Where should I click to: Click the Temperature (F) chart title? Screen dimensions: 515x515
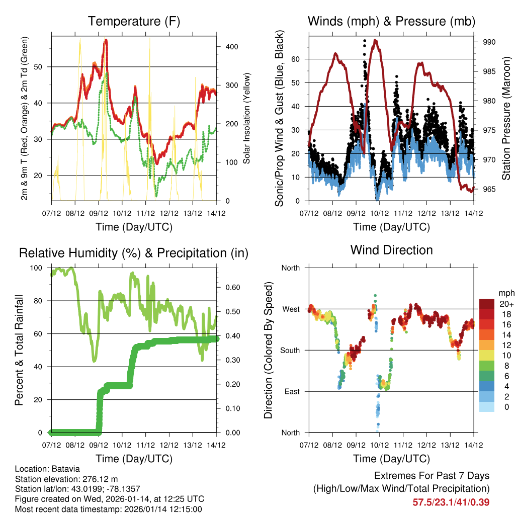tap(134, 21)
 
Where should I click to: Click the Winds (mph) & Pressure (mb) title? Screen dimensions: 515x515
tap(391, 21)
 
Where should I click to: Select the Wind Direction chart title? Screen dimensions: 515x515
tap(391, 249)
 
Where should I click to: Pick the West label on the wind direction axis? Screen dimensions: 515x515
tap(291, 309)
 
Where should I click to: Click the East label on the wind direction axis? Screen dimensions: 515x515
tap(292, 391)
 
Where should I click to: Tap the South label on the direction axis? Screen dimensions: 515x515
tap(290, 350)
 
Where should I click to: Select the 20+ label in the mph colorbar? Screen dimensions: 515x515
tap(506, 304)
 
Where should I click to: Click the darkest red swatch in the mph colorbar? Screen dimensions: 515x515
tap(487, 304)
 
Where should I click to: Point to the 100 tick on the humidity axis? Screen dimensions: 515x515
tap(40, 268)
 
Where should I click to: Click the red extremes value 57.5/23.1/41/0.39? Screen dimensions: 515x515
tap(451, 502)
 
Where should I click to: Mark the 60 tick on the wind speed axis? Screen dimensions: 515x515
tap(296, 59)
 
